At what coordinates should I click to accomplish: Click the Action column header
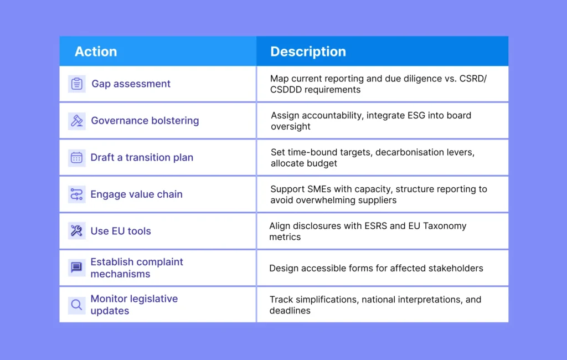pyautogui.click(x=96, y=52)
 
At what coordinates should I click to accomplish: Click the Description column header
pyautogui.click(x=308, y=52)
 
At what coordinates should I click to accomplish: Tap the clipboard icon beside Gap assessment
pyautogui.click(x=77, y=84)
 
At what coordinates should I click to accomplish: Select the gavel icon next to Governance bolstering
pyautogui.click(x=77, y=121)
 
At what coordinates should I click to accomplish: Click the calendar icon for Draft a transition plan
pyautogui.click(x=76, y=157)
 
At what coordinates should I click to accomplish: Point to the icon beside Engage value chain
pyautogui.click(x=76, y=194)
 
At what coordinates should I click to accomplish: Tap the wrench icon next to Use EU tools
pyautogui.click(x=76, y=231)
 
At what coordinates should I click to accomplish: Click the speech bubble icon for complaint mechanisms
pyautogui.click(x=76, y=268)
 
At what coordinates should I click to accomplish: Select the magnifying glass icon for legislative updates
pyautogui.click(x=76, y=305)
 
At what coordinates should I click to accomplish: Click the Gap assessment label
pyautogui.click(x=131, y=84)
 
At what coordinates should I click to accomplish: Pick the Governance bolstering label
pyautogui.click(x=145, y=121)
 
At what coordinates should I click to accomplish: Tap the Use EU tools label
pyautogui.click(x=121, y=231)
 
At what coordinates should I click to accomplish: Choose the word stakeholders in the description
pyautogui.click(x=455, y=268)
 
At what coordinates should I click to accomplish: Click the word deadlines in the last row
pyautogui.click(x=290, y=311)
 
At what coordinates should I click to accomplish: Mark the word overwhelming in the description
pyautogui.click(x=323, y=200)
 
